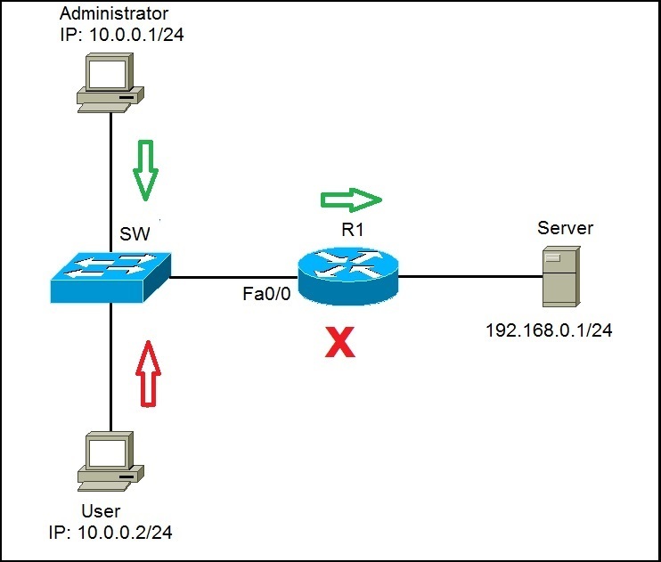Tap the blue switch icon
coord(110,275)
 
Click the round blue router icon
coord(348,275)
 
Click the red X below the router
coord(339,341)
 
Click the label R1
coord(354,229)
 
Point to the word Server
coord(565,228)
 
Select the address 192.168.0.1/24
coord(549,330)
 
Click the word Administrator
coord(113,14)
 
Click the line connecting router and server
coord(470,277)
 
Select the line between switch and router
coord(233,277)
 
